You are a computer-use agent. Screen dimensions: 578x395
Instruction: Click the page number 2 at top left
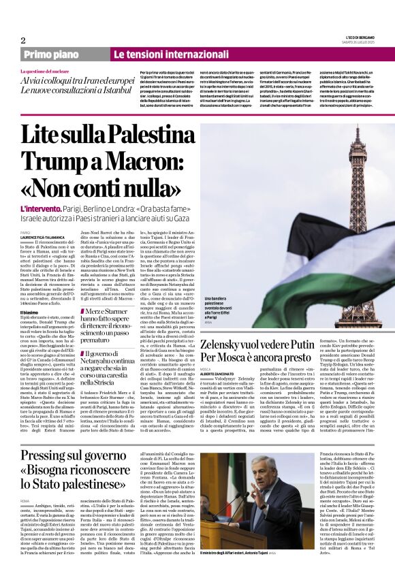coord(23,40)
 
